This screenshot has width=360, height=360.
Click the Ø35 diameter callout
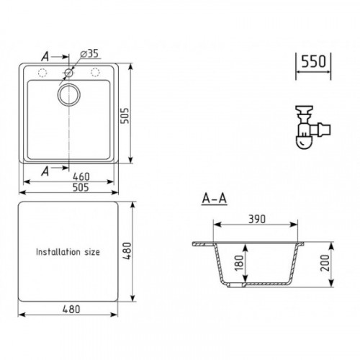coord(90,53)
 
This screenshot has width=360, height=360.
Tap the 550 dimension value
coord(313,61)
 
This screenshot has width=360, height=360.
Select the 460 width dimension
coord(81,176)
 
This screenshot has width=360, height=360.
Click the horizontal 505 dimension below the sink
coord(81,187)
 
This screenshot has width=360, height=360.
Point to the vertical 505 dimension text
coord(125,116)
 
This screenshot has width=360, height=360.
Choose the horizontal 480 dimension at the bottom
coord(71,310)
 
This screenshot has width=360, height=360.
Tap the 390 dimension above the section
coord(257,220)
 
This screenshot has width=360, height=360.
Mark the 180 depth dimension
coord(239,263)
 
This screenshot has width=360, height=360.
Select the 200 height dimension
coord(325,263)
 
